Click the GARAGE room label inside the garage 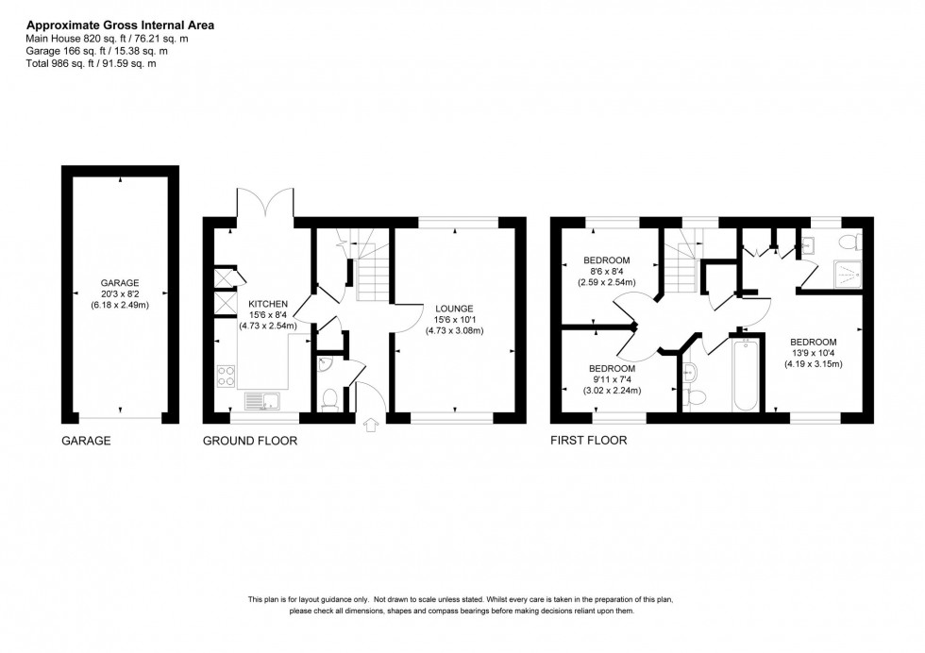click(x=120, y=282)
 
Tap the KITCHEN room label click(x=267, y=304)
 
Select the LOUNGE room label click(x=454, y=309)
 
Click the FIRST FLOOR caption click(x=588, y=441)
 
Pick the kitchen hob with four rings click(x=227, y=376)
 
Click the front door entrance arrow click(x=370, y=424)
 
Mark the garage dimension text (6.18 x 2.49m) click(x=120, y=305)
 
